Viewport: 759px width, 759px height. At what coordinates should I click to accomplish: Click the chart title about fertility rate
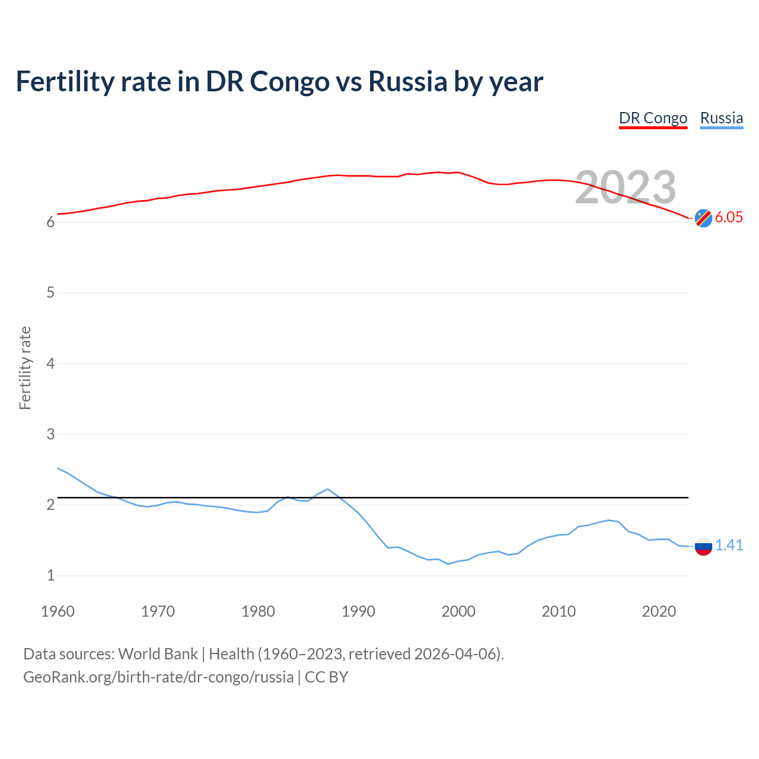click(x=279, y=81)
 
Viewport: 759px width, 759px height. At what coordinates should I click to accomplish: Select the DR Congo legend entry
click(x=653, y=118)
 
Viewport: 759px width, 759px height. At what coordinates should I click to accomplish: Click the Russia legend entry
click(x=721, y=118)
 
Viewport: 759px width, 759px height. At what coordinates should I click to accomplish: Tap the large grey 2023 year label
click(x=626, y=188)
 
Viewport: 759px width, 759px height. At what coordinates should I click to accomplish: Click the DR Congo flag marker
click(x=703, y=218)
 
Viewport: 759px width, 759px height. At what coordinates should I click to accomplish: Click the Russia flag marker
click(x=703, y=546)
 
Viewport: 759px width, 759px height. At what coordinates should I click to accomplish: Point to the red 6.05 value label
click(x=729, y=218)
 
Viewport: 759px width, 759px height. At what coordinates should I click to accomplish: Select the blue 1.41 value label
click(x=729, y=546)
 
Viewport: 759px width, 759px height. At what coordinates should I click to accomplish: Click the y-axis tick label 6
click(x=50, y=222)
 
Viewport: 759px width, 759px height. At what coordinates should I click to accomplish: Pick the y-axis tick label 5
click(x=50, y=293)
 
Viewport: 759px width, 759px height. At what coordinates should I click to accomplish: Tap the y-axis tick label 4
click(x=50, y=363)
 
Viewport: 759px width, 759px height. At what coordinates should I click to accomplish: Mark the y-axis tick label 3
click(x=50, y=434)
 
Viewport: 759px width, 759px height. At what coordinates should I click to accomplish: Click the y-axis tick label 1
click(x=50, y=576)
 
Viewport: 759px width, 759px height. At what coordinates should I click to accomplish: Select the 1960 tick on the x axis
click(x=58, y=611)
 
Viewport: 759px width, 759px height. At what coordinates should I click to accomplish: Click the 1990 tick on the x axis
click(x=358, y=611)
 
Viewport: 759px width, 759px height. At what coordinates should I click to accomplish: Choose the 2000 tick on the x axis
click(x=458, y=611)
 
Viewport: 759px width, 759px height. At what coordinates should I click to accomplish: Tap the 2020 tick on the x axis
click(x=659, y=611)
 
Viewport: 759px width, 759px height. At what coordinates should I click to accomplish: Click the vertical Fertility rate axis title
click(x=25, y=368)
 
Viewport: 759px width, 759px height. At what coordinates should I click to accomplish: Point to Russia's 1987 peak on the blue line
click(x=328, y=489)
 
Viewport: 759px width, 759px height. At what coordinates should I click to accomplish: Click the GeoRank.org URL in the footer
click(x=158, y=677)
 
